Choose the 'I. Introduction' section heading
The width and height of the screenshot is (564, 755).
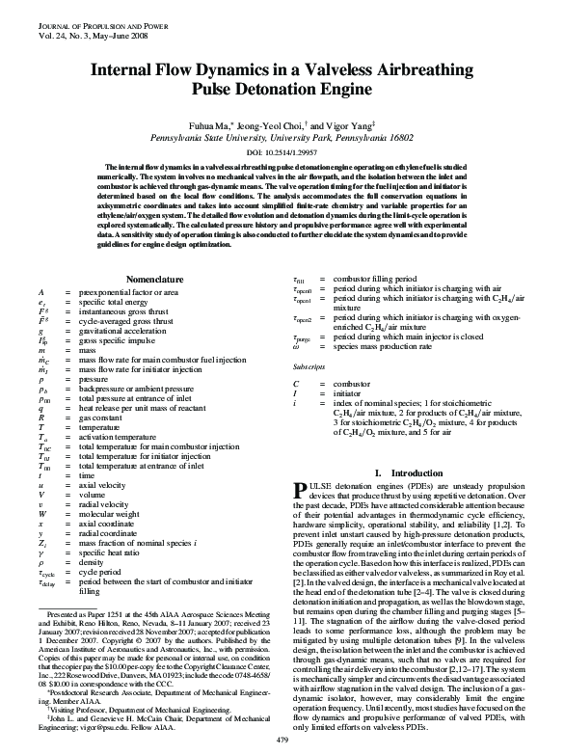[406, 472]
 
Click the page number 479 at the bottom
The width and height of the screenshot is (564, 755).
[282, 739]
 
